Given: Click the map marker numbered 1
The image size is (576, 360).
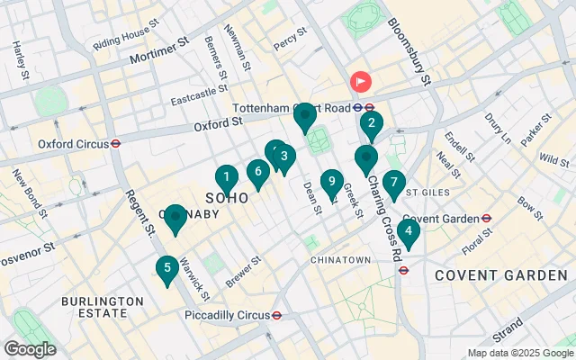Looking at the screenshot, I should pos(227,178).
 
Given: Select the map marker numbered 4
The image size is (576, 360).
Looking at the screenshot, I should pos(409,233).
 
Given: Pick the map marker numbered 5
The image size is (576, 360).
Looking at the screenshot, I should pos(166,269).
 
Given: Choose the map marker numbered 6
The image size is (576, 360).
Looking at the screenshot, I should pos(258,171).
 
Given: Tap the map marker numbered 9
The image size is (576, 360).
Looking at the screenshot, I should pos(332,183).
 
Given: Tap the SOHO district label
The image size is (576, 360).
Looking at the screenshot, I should pos(227,197).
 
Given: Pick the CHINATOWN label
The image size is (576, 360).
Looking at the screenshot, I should pos(340,259).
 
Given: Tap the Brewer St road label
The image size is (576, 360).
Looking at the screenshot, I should pos(242,271).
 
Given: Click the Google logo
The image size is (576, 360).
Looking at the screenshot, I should pos(30,349).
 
